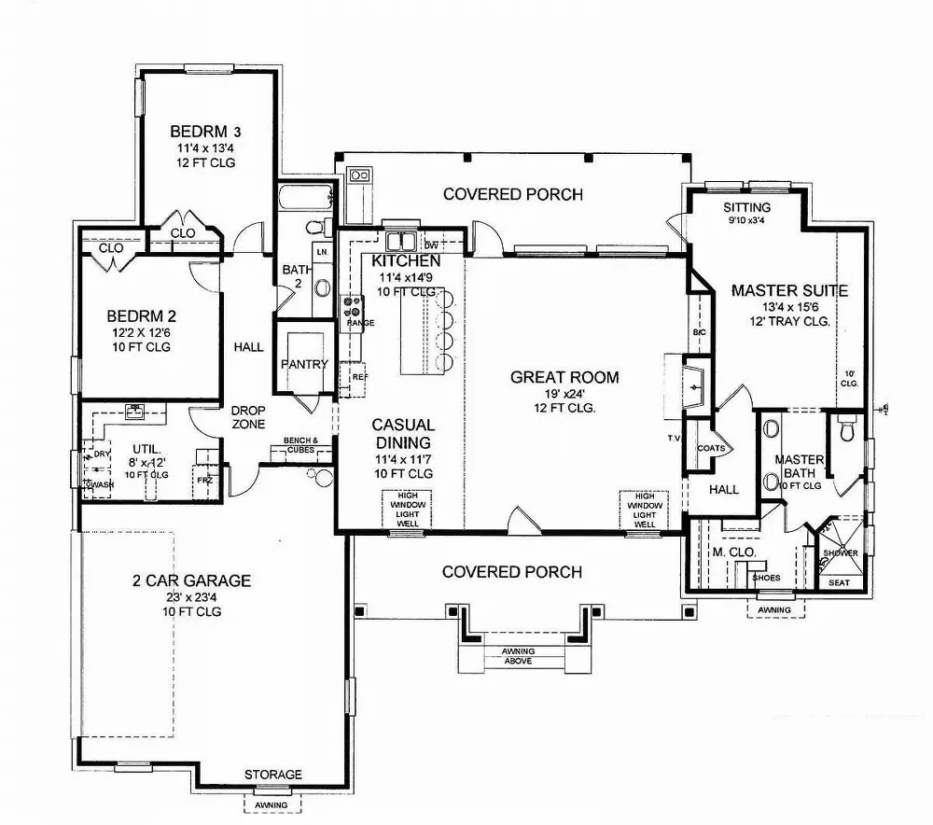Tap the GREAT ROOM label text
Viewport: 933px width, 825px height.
tap(564, 377)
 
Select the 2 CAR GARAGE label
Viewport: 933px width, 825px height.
tap(191, 580)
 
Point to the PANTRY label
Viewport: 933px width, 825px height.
tap(304, 364)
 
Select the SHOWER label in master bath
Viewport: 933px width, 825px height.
tap(839, 553)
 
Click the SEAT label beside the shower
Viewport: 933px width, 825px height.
tap(839, 582)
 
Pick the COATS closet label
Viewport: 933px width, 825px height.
tap(711, 449)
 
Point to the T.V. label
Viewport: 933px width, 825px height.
tap(673, 438)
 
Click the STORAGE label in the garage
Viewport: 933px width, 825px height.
tap(273, 775)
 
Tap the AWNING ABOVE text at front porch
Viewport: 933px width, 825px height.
tap(517, 656)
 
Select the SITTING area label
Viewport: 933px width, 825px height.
tap(746, 207)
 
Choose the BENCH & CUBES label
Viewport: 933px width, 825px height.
tap(301, 444)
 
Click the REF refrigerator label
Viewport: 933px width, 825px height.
tap(359, 377)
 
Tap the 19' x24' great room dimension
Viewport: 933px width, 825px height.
tap(565, 393)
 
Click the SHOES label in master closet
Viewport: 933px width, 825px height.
tap(766, 577)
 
